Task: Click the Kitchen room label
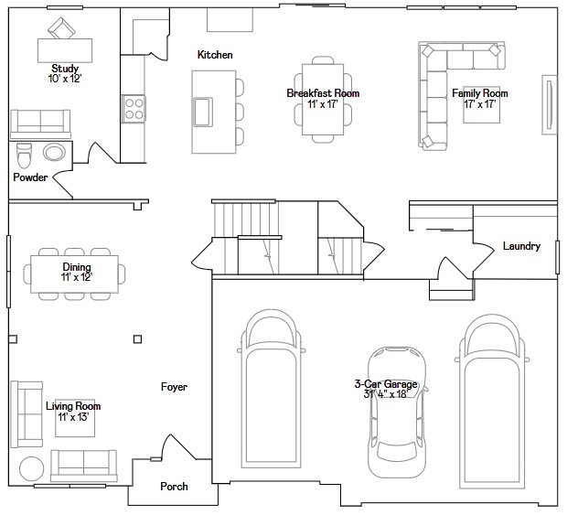click(x=215, y=55)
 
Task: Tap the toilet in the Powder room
click(x=24, y=156)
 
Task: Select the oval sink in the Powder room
click(x=55, y=152)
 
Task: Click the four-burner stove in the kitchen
click(x=134, y=109)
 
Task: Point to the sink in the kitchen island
click(x=203, y=113)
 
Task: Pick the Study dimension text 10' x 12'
click(x=65, y=79)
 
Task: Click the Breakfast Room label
click(x=323, y=93)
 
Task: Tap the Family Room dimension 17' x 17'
click(x=480, y=104)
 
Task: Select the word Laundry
click(x=521, y=246)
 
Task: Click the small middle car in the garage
click(x=397, y=413)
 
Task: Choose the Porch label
click(x=174, y=487)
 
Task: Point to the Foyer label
click(x=174, y=387)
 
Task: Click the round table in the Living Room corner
click(x=31, y=468)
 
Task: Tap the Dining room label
click(x=77, y=267)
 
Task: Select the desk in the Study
click(x=65, y=50)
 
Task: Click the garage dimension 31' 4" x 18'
click(x=386, y=394)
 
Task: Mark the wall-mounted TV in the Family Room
click(x=549, y=105)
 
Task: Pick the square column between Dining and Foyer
click(x=137, y=339)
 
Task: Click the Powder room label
click(x=30, y=177)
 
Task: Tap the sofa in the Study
click(x=40, y=124)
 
